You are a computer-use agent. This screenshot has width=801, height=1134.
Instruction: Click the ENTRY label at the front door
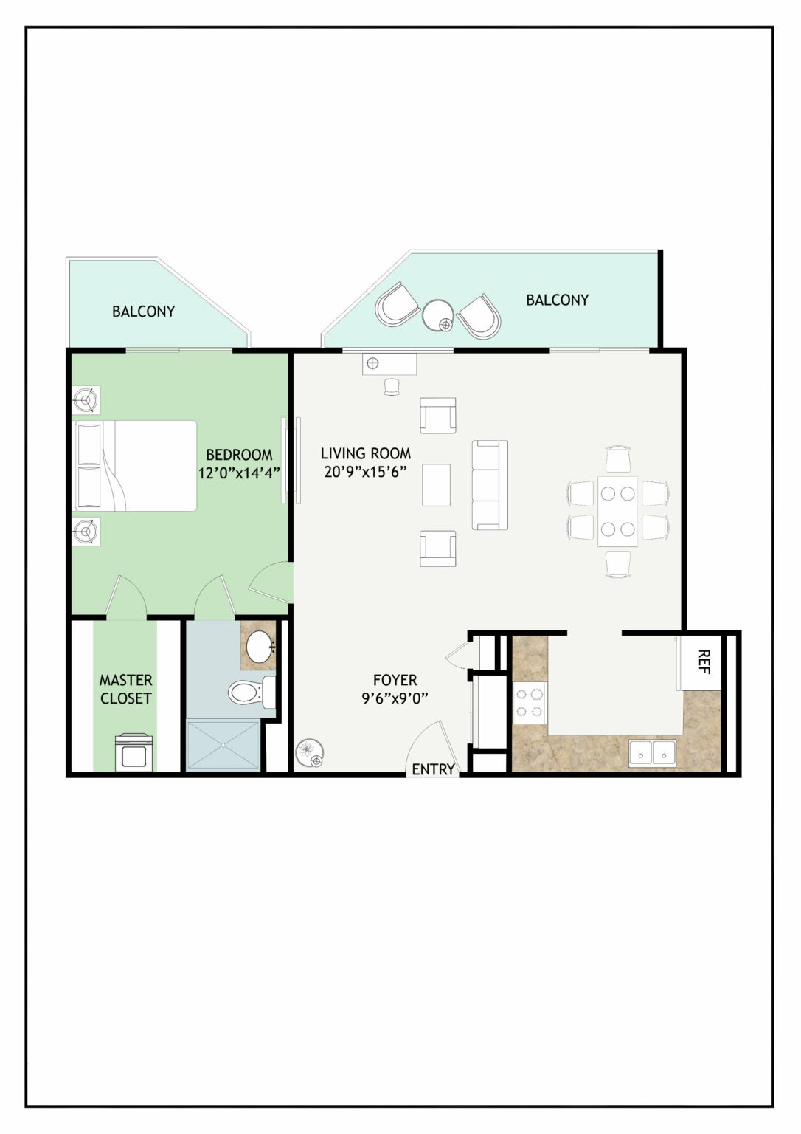(434, 769)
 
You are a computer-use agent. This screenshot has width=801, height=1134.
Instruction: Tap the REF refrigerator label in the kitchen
(704, 661)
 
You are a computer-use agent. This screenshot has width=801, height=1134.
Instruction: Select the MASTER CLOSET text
(126, 689)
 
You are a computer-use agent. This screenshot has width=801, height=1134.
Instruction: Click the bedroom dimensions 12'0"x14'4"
(239, 472)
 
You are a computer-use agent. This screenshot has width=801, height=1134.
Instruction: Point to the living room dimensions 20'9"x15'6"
(366, 472)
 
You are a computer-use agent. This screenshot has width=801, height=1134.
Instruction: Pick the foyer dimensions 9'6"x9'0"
(395, 698)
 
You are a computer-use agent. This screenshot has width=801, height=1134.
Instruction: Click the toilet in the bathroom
(252, 692)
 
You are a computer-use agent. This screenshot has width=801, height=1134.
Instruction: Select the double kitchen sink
(652, 753)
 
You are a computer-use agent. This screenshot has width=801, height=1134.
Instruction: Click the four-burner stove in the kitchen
(530, 703)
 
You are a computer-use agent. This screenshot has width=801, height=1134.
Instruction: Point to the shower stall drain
(223, 745)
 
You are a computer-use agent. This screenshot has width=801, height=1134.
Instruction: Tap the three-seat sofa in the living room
(490, 485)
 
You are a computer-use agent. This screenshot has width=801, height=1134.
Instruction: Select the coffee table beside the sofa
(436, 485)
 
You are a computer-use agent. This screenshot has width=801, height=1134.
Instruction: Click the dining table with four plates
(617, 512)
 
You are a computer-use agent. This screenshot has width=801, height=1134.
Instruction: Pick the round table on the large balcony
(438, 315)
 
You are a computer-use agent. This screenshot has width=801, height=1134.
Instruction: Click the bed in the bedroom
(136, 466)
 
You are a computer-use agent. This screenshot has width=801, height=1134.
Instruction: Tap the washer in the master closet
(133, 753)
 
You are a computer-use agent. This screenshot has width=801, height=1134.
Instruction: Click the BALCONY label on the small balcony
(144, 312)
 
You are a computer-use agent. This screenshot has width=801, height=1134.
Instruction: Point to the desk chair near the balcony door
(392, 387)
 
